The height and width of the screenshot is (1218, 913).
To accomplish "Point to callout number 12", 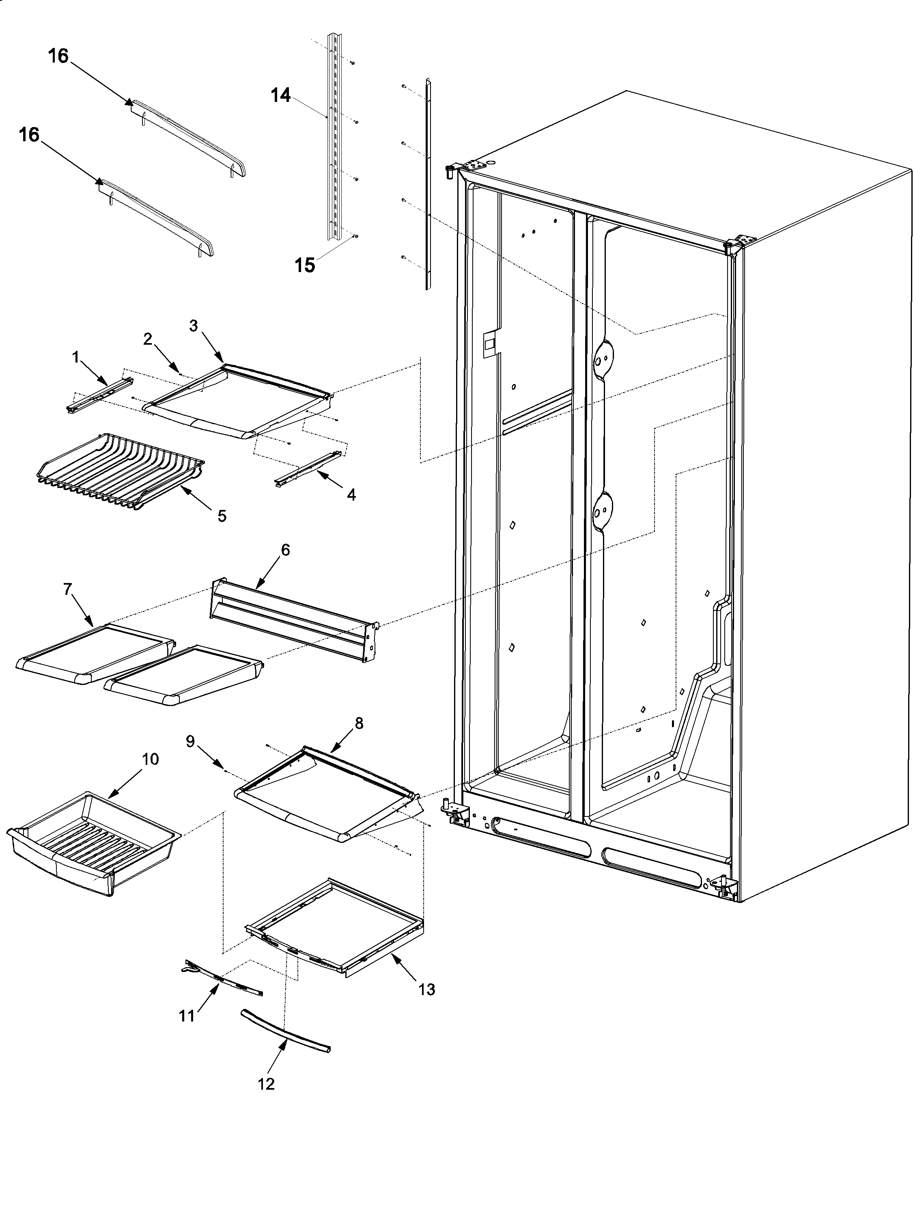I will pyautogui.click(x=266, y=1084).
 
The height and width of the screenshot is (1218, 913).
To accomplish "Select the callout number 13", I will pyautogui.click(x=426, y=989).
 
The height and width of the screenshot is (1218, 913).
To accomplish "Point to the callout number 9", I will pyautogui.click(x=190, y=742).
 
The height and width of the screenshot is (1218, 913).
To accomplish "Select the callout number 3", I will pyautogui.click(x=193, y=326).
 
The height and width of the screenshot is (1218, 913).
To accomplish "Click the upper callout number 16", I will pyautogui.click(x=58, y=56).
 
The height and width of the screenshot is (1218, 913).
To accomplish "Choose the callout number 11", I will pyautogui.click(x=187, y=1016).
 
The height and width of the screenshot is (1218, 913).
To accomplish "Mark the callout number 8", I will pyautogui.click(x=359, y=723).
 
